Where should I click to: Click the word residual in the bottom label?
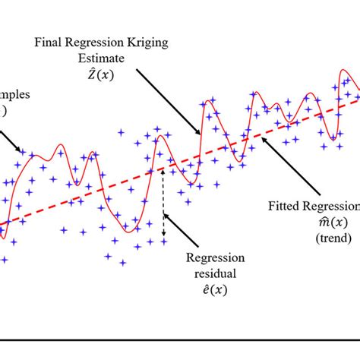216,273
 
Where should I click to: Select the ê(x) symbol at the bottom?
216,289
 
